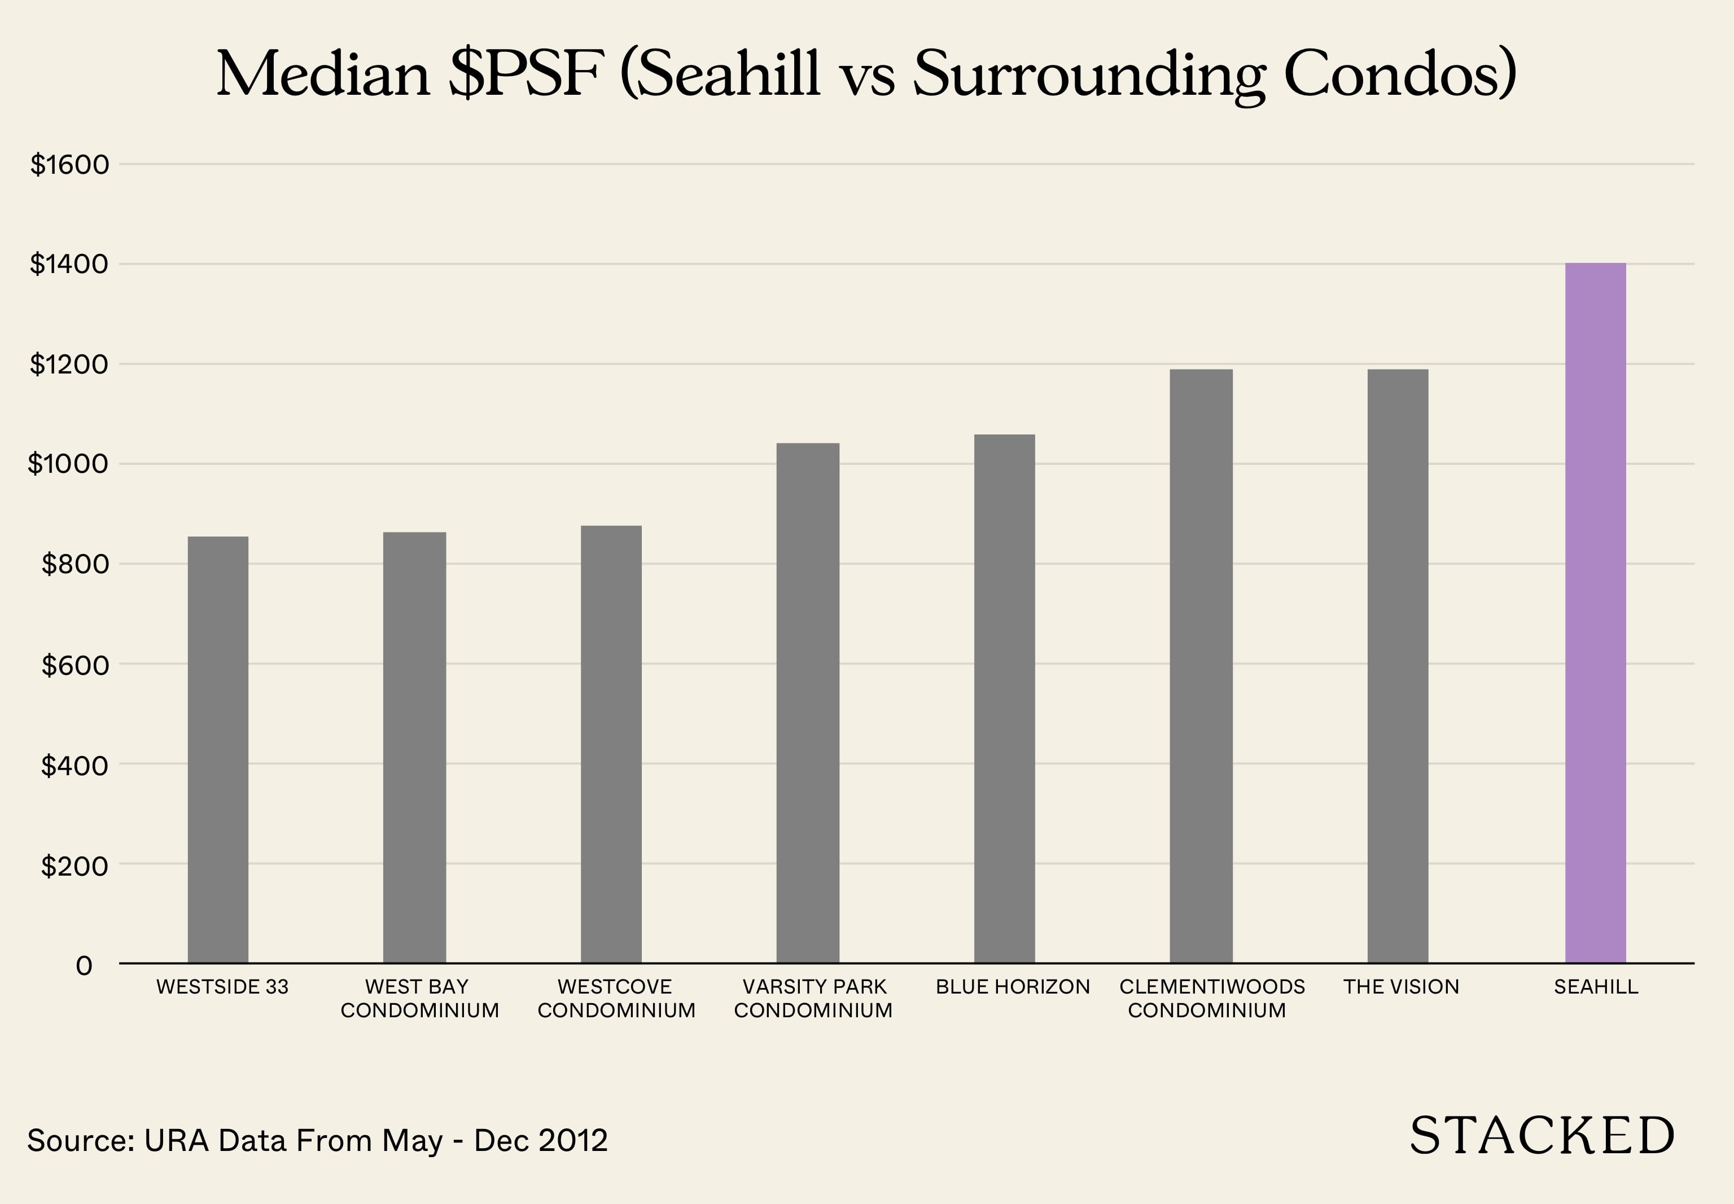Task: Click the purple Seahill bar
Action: (x=1595, y=613)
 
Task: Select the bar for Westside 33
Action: (x=218, y=749)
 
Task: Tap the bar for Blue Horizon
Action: (x=1004, y=698)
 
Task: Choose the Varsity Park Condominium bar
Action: (x=807, y=702)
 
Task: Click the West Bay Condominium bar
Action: (x=414, y=747)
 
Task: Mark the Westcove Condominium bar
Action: (x=611, y=744)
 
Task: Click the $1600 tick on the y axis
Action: (x=69, y=164)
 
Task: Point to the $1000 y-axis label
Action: (x=68, y=464)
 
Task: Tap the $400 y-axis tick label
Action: (x=74, y=765)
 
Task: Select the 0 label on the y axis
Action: (x=84, y=965)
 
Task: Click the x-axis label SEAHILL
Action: (x=1596, y=987)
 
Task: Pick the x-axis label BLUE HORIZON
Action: (x=1013, y=987)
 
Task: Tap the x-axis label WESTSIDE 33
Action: (x=222, y=987)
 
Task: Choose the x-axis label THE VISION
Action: (x=1401, y=987)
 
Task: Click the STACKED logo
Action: (x=1542, y=1136)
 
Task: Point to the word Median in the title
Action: (x=323, y=74)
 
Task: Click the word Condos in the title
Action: (x=1400, y=74)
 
